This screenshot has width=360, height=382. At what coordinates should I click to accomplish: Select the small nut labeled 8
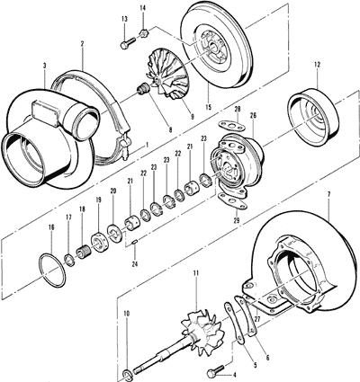141,88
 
